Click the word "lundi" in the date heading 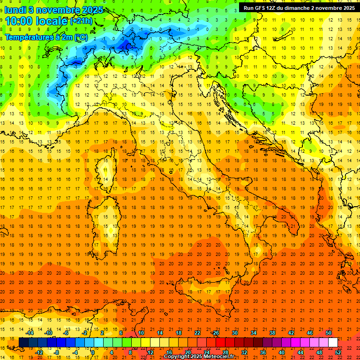pyautogui.click(x=16, y=10)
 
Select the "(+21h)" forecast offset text pyautogui.click(x=81, y=22)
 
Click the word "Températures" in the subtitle pyautogui.click(x=26, y=37)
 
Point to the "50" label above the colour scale pyautogui.click(x=328, y=333)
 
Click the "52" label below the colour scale pyautogui.click(x=337, y=352)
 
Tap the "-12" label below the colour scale pyautogui.click(x=39, y=352)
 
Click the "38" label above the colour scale pyautogui.click(x=272, y=333)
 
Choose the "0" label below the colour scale pyautogui.click(x=93, y=352)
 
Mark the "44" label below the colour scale pyautogui.click(x=300, y=352)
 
